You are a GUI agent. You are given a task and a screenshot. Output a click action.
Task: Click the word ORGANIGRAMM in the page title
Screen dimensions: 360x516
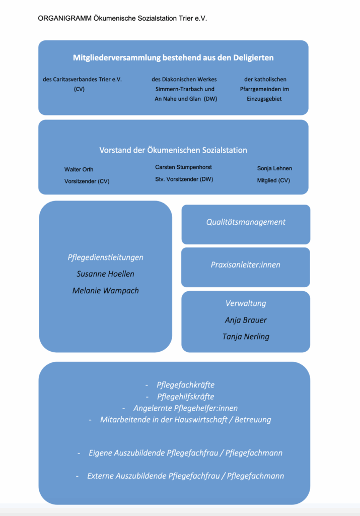(65, 19)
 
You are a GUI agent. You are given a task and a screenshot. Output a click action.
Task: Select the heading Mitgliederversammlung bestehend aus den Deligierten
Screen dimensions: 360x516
(173, 57)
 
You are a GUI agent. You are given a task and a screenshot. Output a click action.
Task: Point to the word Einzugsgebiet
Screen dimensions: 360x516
(264, 99)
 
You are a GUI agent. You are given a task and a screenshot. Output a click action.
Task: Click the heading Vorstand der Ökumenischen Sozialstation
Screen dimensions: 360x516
(173, 150)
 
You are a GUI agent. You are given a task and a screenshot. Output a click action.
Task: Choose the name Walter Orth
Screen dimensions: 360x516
(79, 169)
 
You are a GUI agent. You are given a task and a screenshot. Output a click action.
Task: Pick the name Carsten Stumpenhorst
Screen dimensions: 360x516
(183, 167)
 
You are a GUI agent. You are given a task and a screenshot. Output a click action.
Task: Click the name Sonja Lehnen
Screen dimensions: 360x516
(274, 168)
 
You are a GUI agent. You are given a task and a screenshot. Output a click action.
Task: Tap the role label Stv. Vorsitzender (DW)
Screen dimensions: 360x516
(184, 179)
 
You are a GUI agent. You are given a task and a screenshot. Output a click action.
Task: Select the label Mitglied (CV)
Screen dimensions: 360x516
(273, 180)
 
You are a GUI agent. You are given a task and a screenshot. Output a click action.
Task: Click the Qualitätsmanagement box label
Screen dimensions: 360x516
(246, 222)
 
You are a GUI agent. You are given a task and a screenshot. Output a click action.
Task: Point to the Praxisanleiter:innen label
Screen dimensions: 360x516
(246, 265)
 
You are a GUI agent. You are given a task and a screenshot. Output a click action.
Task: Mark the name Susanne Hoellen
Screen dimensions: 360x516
(106, 274)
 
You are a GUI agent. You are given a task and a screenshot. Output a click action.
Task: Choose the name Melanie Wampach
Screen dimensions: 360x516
(106, 291)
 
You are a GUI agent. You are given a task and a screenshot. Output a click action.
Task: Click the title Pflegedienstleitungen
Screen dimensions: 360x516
(106, 257)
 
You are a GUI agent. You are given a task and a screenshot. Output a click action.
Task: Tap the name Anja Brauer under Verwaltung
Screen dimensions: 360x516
(246, 320)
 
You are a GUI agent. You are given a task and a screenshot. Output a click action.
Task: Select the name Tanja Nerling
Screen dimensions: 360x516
(246, 337)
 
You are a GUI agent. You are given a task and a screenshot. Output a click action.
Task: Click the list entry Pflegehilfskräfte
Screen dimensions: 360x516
(186, 397)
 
